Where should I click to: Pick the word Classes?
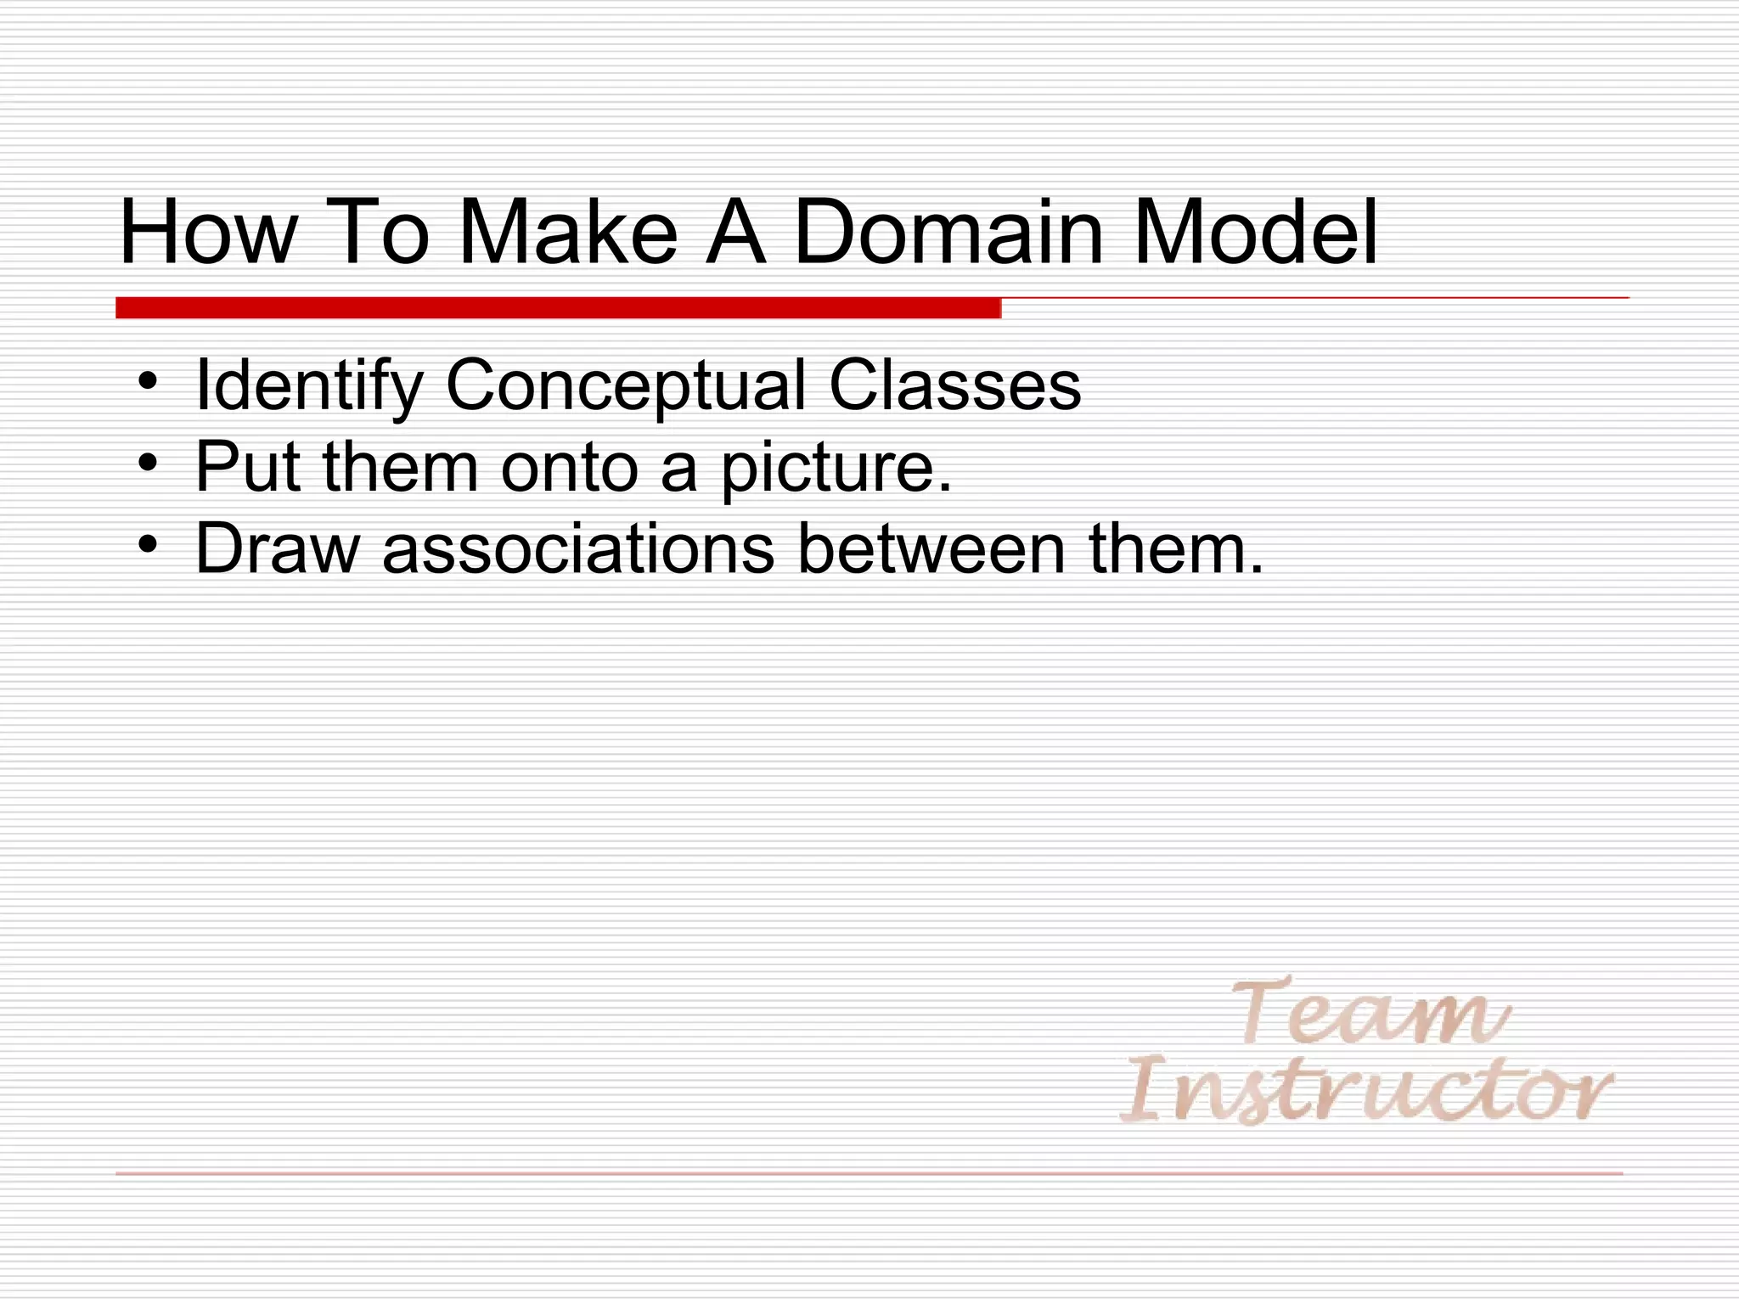954,386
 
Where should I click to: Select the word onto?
569,467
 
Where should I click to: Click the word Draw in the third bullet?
278,549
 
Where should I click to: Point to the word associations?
578,549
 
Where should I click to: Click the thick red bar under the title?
558,308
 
